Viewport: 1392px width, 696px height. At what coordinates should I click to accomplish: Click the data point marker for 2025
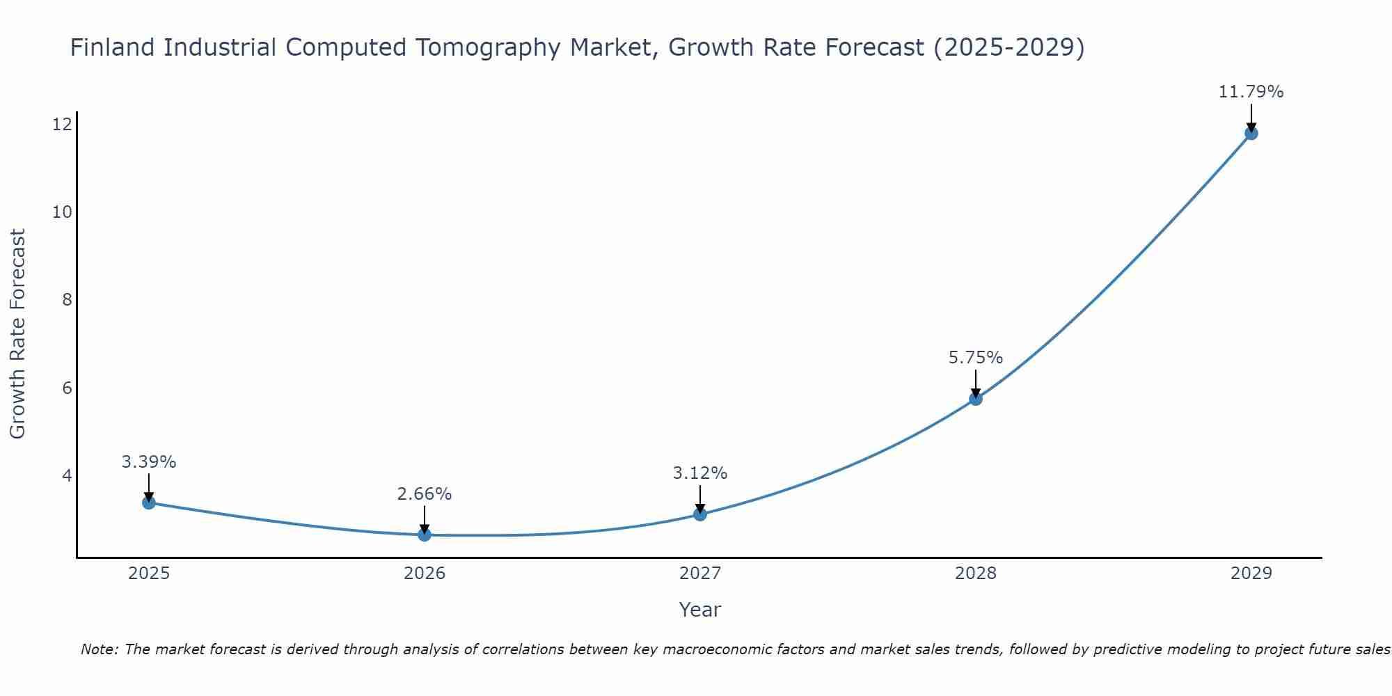click(149, 503)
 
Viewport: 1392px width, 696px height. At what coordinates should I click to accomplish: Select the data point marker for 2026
click(425, 535)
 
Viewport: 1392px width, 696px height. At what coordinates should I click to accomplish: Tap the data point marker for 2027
click(700, 514)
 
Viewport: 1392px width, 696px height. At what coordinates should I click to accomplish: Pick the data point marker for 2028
click(976, 399)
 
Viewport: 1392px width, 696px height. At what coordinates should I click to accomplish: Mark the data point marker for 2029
click(1251, 134)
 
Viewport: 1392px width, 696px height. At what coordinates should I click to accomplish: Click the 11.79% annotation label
click(1251, 92)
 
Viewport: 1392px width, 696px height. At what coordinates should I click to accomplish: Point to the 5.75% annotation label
click(975, 358)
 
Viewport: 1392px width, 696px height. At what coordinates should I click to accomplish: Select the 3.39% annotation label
click(149, 462)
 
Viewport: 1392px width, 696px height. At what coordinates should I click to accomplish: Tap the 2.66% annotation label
click(425, 494)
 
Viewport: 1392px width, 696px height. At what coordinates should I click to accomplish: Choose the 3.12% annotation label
click(700, 473)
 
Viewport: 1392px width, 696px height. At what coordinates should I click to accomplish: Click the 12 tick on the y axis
click(62, 125)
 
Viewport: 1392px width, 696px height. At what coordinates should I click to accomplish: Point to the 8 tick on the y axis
click(67, 300)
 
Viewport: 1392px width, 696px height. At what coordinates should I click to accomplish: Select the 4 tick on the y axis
click(67, 476)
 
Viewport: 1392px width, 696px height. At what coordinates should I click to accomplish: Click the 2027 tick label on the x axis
click(700, 574)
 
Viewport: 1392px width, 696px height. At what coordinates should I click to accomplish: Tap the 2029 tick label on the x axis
click(1251, 574)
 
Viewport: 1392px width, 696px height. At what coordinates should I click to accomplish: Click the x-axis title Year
click(700, 610)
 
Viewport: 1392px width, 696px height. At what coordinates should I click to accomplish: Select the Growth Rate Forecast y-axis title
click(18, 334)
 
